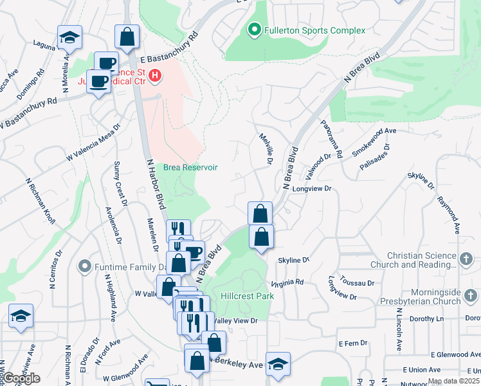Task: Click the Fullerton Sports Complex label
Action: click(x=314, y=30)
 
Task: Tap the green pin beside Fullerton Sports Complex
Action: click(x=254, y=30)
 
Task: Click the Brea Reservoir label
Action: click(x=190, y=167)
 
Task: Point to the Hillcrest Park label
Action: click(x=248, y=296)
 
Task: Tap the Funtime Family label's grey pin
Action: click(x=84, y=266)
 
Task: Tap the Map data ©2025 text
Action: click(x=453, y=381)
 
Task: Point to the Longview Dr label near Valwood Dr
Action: click(x=311, y=189)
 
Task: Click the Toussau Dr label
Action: click(x=358, y=282)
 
